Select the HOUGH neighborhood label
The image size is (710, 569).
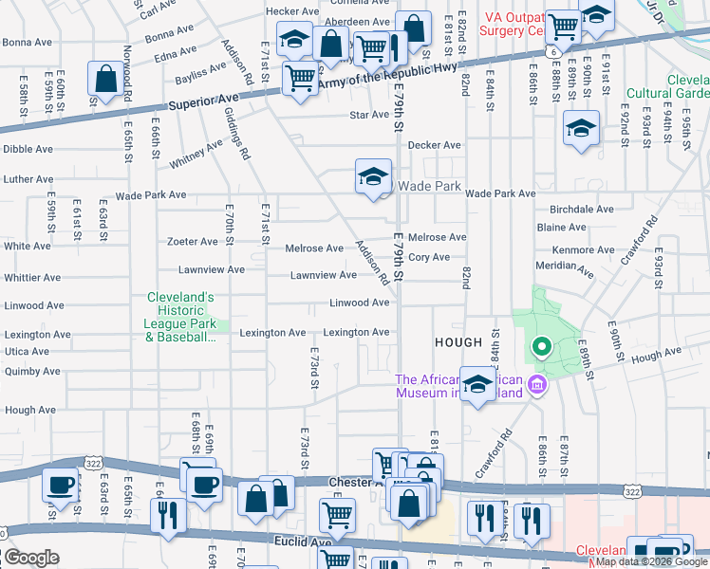pos(458,341)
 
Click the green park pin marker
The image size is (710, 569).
pos(541,347)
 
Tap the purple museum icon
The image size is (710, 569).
pos(537,385)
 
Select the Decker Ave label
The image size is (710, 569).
pos(434,145)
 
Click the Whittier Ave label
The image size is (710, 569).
pos(31,278)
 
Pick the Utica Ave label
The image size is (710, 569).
pos(27,351)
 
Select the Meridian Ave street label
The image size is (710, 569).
pos(564,268)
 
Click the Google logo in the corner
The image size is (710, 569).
pos(31,558)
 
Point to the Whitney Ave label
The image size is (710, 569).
pos(196,154)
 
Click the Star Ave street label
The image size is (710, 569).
pos(370,115)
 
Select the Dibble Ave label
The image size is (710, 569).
pos(28,149)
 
